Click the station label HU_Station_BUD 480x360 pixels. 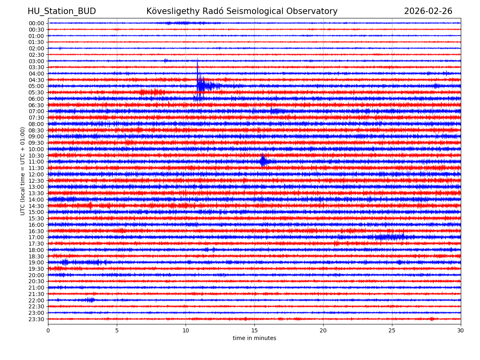(62, 11)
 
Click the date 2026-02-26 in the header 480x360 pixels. (428, 11)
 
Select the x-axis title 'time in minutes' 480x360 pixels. (254, 338)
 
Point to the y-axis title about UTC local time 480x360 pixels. (23, 171)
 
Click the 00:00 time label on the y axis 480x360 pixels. (36, 23)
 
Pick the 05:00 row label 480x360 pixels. (36, 86)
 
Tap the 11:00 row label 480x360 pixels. (36, 162)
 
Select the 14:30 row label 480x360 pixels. (36, 206)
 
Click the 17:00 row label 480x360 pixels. (36, 237)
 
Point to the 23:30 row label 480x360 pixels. (36, 319)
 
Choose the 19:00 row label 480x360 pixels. (36, 262)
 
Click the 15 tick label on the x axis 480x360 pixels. (254, 331)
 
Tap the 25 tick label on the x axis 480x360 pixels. (392, 331)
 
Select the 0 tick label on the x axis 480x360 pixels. (48, 331)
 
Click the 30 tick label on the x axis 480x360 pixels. (461, 331)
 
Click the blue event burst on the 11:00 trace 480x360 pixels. (263, 161)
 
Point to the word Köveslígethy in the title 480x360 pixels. (171, 11)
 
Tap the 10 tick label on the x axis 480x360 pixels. (186, 331)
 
